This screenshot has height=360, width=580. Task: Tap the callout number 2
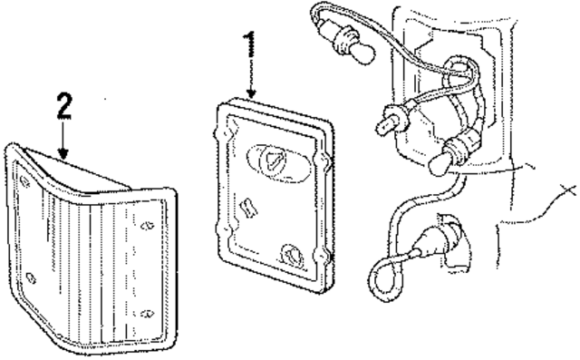(63, 107)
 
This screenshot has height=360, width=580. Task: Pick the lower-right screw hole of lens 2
(145, 316)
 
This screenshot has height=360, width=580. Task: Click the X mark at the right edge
(569, 190)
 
